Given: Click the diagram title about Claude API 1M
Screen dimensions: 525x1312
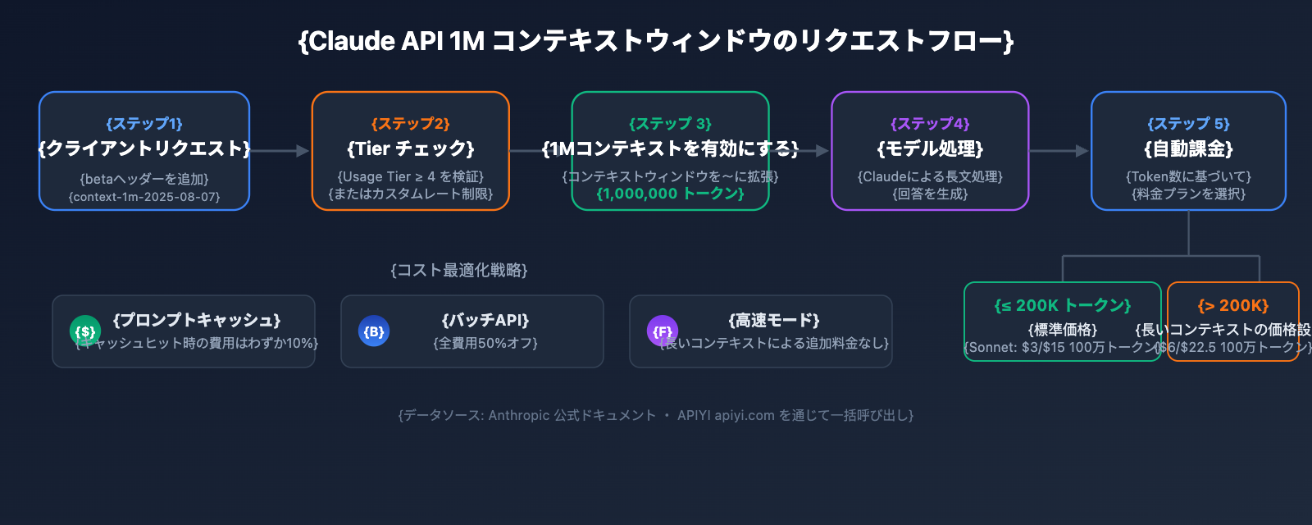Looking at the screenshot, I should (656, 41).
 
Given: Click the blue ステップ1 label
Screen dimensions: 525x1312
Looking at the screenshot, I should (144, 124).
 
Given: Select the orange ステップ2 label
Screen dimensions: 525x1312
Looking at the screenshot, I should (411, 124).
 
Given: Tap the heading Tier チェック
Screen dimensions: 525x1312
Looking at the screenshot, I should (411, 148).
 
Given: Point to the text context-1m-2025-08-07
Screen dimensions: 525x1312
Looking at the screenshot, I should (144, 197).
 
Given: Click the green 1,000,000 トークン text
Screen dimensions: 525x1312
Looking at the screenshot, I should (670, 194).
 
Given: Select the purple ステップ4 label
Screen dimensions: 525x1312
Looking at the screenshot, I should (930, 124).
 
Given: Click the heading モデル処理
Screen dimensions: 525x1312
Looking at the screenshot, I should (930, 148).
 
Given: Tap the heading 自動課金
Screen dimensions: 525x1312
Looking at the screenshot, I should (1188, 148).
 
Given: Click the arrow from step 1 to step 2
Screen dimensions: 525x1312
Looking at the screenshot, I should (280, 151).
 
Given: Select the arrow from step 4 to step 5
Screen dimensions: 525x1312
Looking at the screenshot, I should (1059, 151).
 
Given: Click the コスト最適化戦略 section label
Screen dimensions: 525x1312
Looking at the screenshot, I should (459, 270).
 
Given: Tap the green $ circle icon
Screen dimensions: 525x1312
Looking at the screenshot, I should (85, 331).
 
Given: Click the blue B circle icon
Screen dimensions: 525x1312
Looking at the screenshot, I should (374, 331).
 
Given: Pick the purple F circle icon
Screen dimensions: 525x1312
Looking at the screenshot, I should (663, 331).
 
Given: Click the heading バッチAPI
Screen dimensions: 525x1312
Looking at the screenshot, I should (485, 320).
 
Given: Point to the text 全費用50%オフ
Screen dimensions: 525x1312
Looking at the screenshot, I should (485, 343).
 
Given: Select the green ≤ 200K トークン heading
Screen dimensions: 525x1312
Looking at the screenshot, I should (1063, 305).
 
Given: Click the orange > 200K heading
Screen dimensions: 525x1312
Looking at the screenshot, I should (1232, 305).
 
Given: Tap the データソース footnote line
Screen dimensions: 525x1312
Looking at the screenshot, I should (656, 415).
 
